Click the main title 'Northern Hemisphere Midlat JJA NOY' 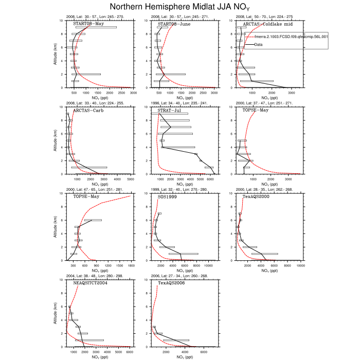tap(179, 7)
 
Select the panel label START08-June tap(174, 24)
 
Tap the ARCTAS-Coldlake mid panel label tap(267, 24)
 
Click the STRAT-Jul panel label tap(171, 110)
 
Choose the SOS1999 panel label tap(169, 196)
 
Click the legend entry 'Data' tap(260, 45)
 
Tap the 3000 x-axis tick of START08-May tap(133, 93)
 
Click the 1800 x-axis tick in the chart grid tap(131, 266)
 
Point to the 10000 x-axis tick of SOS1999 tap(209, 266)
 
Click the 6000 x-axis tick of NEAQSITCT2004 tap(129, 352)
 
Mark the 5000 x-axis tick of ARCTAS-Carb tap(130, 179)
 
